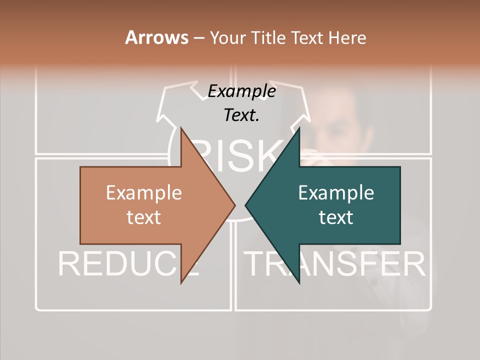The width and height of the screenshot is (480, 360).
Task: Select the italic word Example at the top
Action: pyautogui.click(x=241, y=91)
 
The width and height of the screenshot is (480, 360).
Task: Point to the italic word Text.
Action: pyautogui.click(x=241, y=115)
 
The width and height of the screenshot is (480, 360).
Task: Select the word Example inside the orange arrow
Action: pyautogui.click(x=144, y=193)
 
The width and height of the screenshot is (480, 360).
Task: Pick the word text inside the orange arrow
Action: pyautogui.click(x=144, y=217)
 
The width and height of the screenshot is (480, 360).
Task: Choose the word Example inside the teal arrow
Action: pyautogui.click(x=336, y=193)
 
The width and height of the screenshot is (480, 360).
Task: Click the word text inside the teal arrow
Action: pyautogui.click(x=336, y=217)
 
